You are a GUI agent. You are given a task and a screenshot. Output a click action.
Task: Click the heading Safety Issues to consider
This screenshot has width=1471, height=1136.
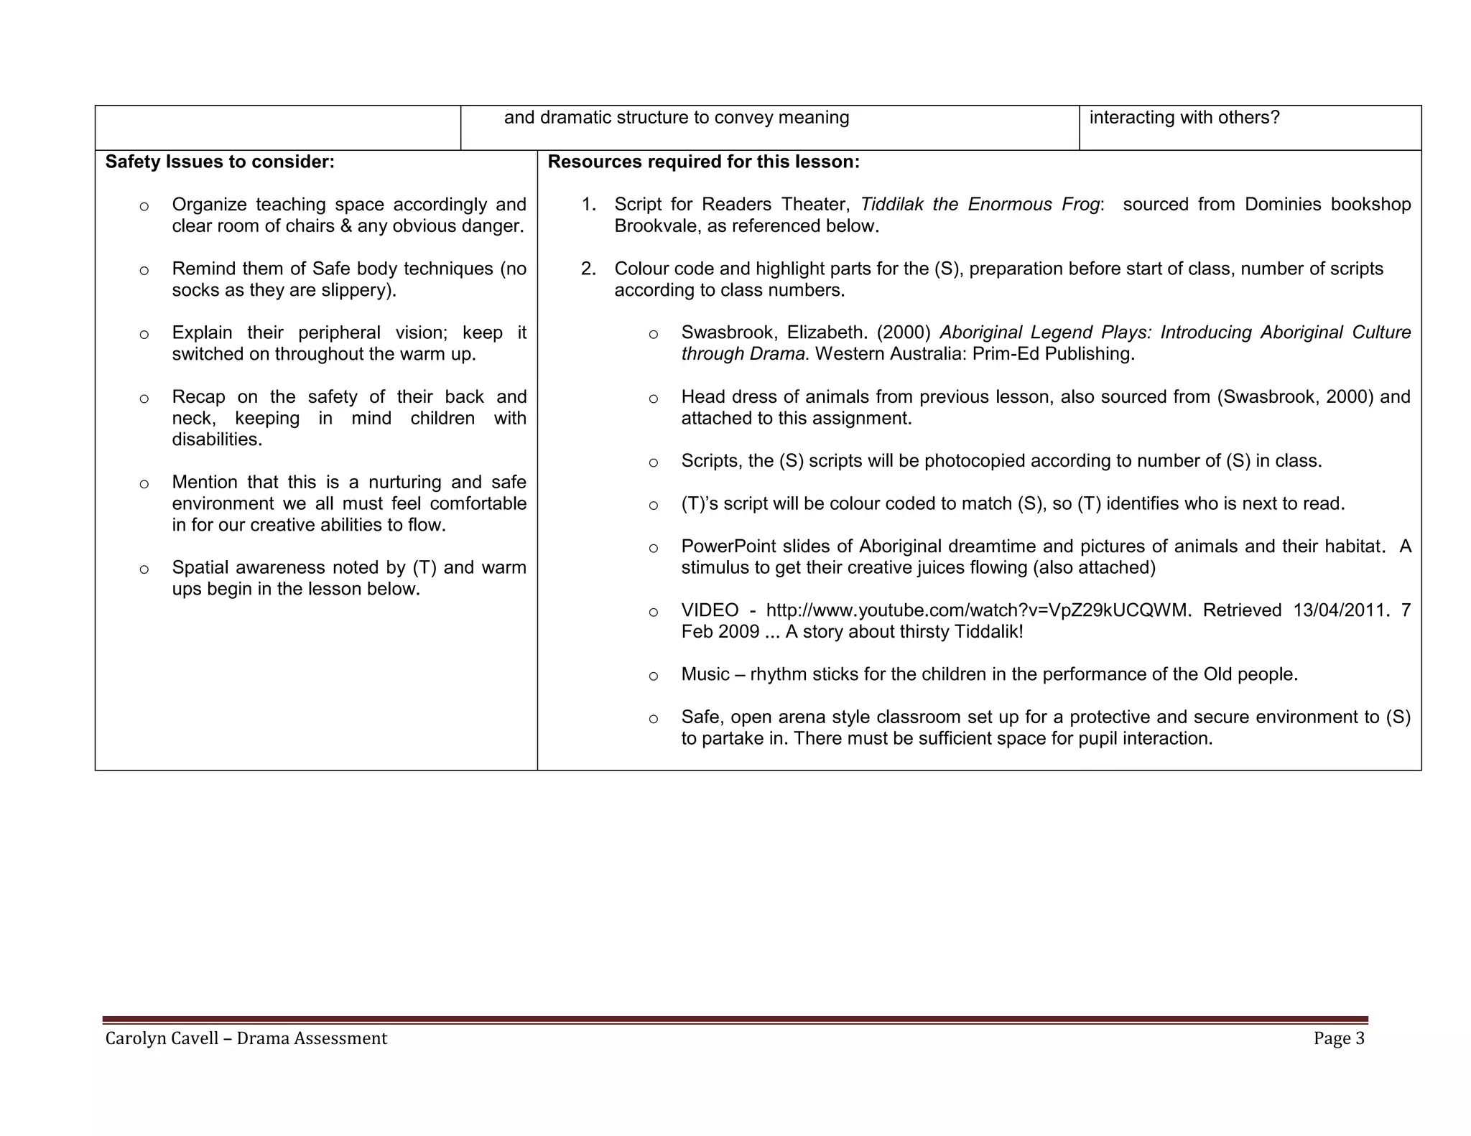(x=220, y=162)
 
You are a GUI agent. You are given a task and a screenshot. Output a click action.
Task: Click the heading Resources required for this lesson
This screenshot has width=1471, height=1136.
(x=703, y=162)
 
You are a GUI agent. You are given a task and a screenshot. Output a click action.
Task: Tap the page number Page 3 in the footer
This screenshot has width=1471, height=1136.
(x=1338, y=1038)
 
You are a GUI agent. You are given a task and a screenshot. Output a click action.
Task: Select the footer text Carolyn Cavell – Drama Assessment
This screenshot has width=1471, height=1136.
(x=246, y=1038)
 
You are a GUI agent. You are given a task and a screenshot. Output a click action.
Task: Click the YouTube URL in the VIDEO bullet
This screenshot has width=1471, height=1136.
(x=978, y=610)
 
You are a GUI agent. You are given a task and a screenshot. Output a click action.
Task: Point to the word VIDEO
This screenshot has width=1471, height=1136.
(x=710, y=610)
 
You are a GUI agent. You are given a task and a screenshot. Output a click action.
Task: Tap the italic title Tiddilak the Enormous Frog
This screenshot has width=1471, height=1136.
(x=980, y=205)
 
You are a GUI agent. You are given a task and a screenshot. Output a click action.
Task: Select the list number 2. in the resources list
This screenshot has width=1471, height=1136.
(x=588, y=269)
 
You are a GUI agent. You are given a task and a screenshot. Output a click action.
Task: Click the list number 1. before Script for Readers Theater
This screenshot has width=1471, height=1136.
(x=588, y=205)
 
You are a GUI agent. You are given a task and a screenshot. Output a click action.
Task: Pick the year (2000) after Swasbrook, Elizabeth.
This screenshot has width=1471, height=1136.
(x=903, y=332)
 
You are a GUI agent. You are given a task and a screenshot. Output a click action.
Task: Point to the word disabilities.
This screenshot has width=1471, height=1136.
(x=217, y=439)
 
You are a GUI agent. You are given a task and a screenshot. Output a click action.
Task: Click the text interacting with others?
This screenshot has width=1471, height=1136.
(x=1184, y=118)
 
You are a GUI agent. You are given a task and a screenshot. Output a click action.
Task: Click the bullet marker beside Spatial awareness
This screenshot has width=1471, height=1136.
(x=144, y=569)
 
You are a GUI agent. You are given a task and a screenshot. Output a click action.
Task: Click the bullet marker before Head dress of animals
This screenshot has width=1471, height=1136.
(x=653, y=399)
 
